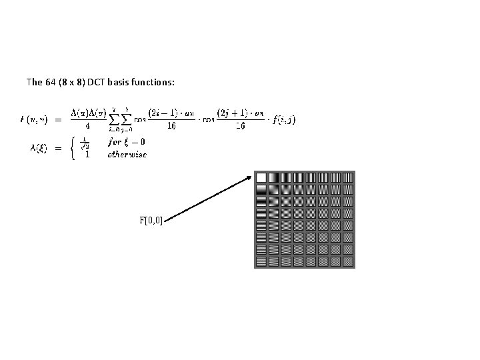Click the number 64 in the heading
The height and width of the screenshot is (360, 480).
pos(51,83)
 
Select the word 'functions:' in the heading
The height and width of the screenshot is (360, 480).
pos(154,83)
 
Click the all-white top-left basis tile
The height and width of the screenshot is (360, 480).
pos(261,177)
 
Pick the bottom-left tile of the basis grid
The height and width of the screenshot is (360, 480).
pos(261,261)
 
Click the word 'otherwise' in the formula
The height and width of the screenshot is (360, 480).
pos(126,153)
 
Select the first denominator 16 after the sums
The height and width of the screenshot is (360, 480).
pos(172,127)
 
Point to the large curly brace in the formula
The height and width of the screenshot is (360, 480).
pos(71,147)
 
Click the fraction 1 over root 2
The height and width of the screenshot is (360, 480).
pos(84,142)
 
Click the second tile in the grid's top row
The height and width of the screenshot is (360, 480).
pos(273,177)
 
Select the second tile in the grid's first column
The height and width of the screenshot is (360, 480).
pos(261,189)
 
